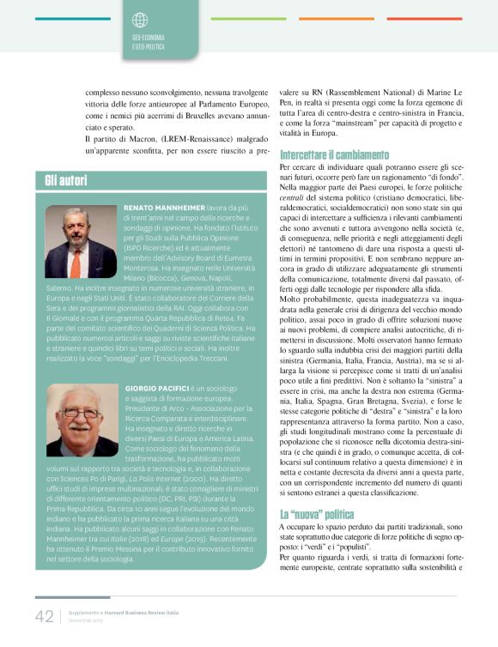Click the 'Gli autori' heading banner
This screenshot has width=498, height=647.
pos(69,180)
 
